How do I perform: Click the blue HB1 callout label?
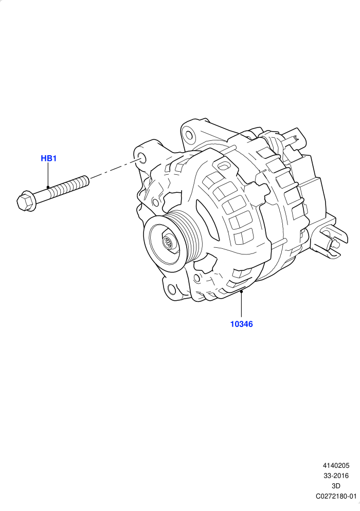click(48, 158)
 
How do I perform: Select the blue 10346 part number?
click(242, 324)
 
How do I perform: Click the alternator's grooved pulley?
click(173, 243)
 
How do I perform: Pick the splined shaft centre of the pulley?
click(169, 243)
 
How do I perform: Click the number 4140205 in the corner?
click(336, 466)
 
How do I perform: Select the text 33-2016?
click(336, 476)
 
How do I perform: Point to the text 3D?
click(336, 486)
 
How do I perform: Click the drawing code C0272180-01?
click(336, 496)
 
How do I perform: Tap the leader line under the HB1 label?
click(48, 175)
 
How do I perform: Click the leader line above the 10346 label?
click(242, 304)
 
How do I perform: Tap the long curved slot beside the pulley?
click(207, 220)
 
